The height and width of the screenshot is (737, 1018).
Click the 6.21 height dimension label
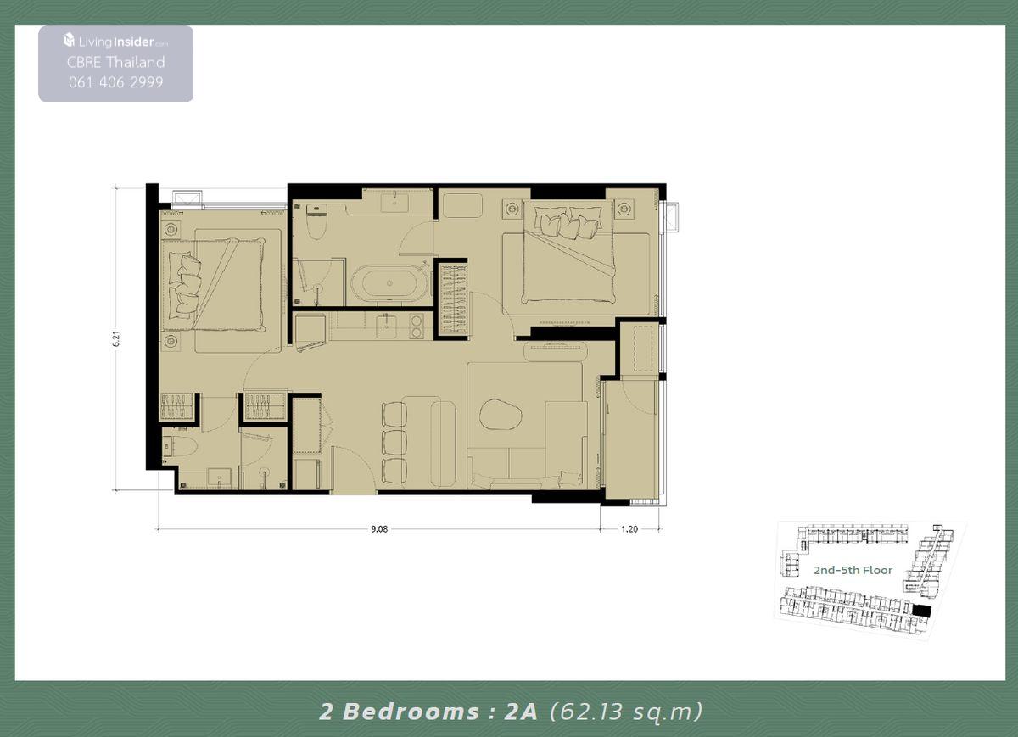(117, 338)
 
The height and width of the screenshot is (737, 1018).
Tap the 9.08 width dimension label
(379, 529)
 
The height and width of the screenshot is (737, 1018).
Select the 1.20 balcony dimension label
(629, 529)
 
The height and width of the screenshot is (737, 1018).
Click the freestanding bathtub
(389, 283)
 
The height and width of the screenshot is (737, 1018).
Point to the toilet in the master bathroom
(316, 223)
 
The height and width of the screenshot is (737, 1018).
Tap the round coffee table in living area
(501, 414)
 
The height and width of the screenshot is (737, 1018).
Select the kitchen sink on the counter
(386, 327)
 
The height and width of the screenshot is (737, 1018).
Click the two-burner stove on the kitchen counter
(416, 327)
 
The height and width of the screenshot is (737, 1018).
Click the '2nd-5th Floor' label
(853, 570)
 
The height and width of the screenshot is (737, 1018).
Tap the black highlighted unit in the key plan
(921, 611)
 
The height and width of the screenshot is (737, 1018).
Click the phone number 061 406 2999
(116, 82)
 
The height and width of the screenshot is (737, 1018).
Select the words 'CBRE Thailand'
(116, 62)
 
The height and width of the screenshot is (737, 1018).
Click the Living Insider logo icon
(69, 40)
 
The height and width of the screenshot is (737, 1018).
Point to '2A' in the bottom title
(521, 711)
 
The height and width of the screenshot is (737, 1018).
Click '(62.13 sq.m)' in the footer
(626, 712)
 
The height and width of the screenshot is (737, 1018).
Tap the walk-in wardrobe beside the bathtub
(453, 299)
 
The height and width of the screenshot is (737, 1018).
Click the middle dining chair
(394, 441)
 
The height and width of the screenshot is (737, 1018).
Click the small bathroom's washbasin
(220, 477)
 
